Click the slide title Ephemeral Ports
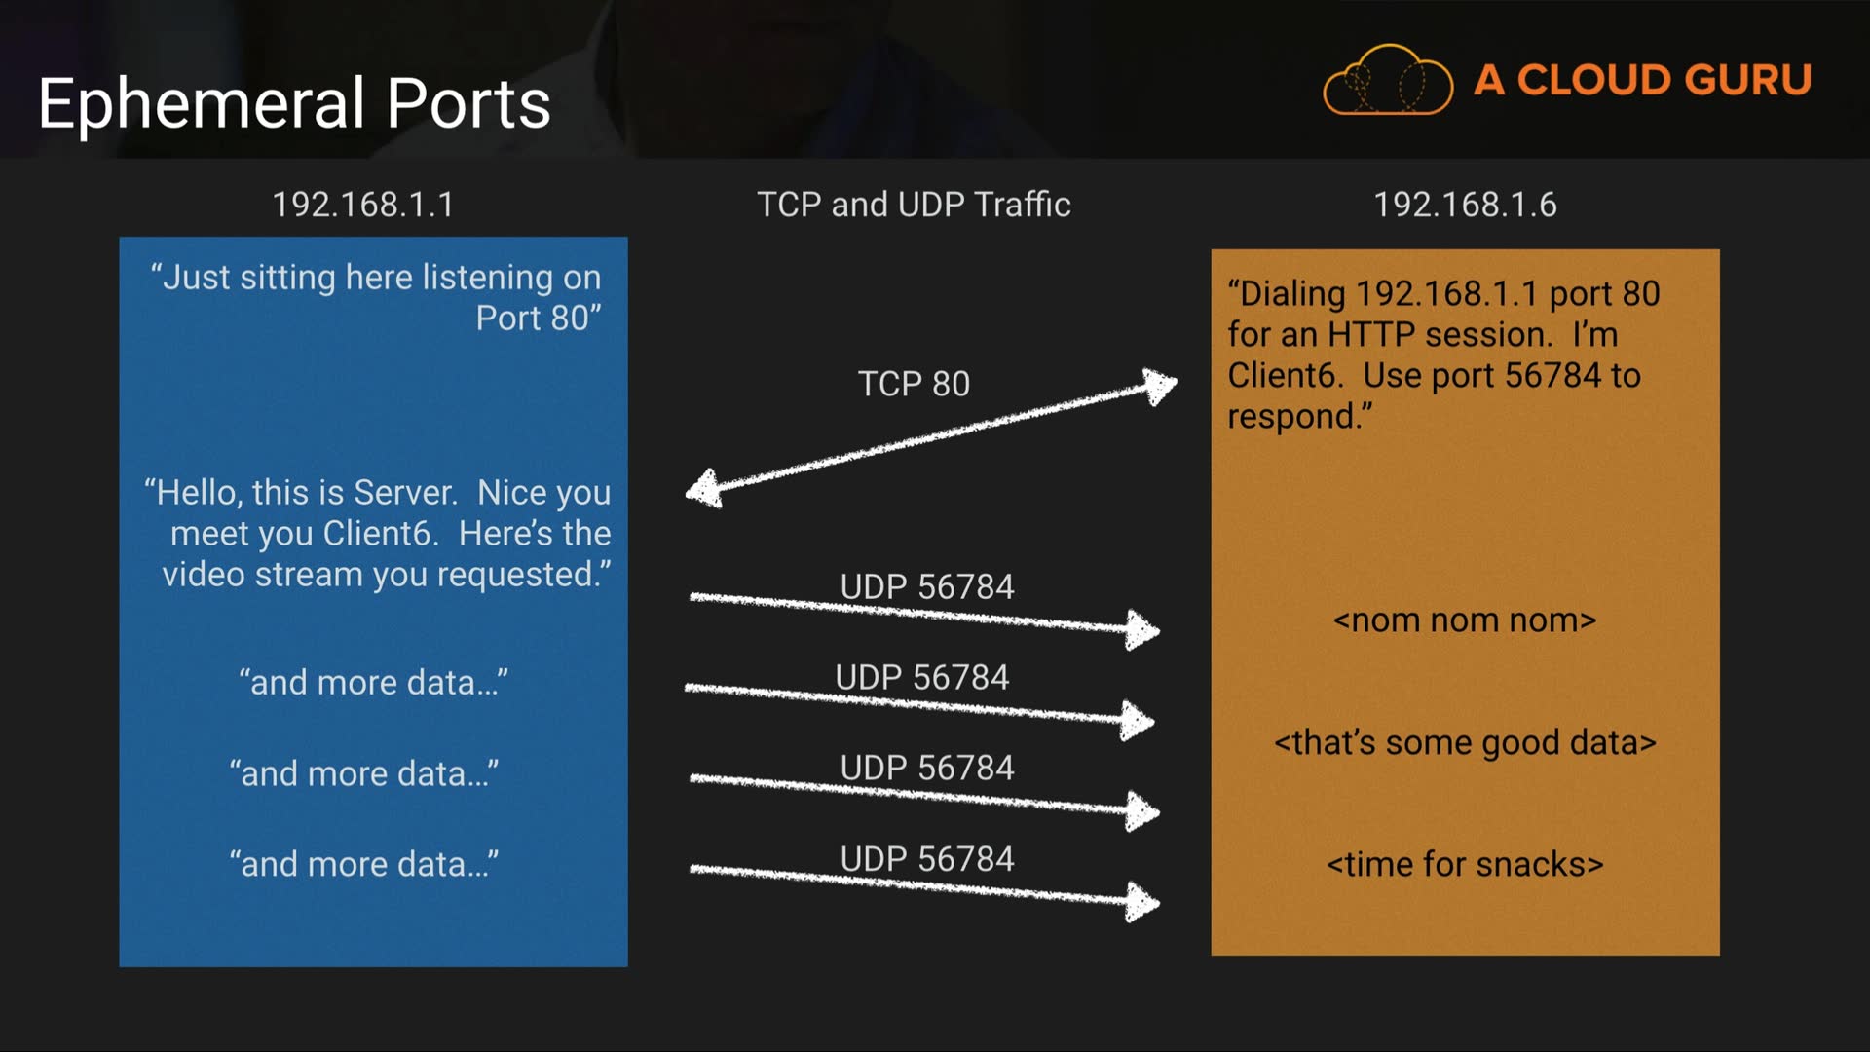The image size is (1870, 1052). (294, 103)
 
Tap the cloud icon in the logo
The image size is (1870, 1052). (1387, 81)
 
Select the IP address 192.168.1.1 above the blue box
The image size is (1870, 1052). (362, 205)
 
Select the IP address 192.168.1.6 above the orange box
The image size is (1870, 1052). (1465, 205)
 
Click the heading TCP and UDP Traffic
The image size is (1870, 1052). (914, 205)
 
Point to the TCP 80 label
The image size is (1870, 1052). (914, 384)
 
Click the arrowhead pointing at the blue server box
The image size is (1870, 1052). (703, 488)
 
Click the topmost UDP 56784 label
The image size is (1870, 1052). (927, 586)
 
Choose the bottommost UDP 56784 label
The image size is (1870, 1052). (927, 859)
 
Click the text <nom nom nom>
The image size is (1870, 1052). (1465, 620)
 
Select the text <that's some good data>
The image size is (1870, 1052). (1465, 743)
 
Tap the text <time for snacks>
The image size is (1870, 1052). (1465, 865)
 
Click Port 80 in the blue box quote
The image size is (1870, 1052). (538, 319)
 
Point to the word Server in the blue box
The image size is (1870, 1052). (404, 493)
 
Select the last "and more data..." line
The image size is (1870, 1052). (364, 865)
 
